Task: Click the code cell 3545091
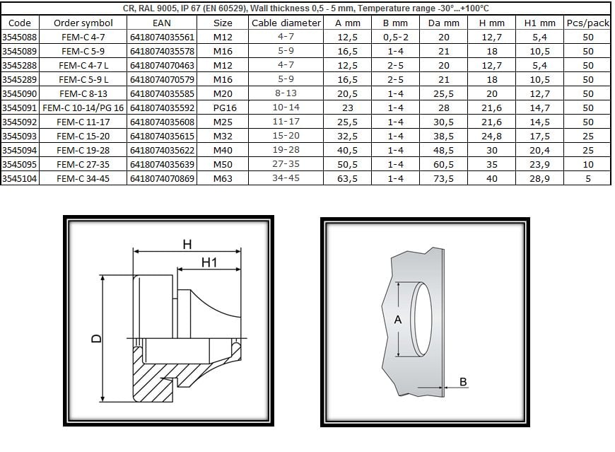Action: coord(19,108)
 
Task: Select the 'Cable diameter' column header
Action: coord(286,23)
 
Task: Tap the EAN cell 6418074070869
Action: coord(162,178)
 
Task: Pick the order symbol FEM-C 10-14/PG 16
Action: coord(83,108)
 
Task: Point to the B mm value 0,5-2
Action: coord(396,37)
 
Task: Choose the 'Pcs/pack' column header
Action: coord(587,23)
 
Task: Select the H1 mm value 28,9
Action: coord(539,178)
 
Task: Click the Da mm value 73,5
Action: coord(444,178)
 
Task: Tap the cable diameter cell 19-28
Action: coord(286,150)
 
